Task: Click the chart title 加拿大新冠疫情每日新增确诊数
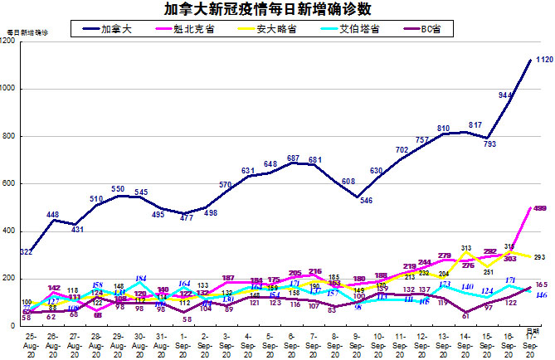pyautogui.click(x=278, y=10)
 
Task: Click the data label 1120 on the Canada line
pyautogui.click(x=543, y=60)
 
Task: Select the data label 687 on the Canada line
pyautogui.click(x=294, y=158)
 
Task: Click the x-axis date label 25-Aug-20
pyautogui.click(x=30, y=345)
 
